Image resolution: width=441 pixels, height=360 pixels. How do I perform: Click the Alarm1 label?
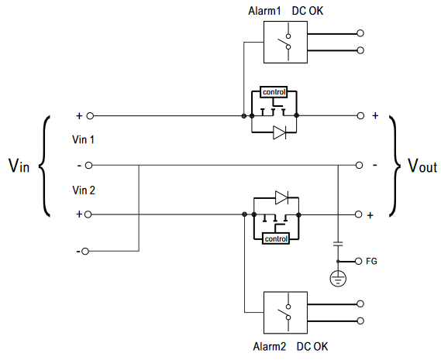[x=264, y=11]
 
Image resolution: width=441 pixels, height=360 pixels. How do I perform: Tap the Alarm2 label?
[x=270, y=347]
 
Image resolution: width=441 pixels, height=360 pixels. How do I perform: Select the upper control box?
[x=274, y=92]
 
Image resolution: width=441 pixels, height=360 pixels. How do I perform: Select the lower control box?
[x=276, y=239]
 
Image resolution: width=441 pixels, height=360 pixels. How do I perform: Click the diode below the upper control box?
[x=280, y=132]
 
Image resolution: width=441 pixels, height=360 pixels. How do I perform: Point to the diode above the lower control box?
[x=282, y=197]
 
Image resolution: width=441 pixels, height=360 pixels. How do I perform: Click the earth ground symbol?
[x=338, y=278]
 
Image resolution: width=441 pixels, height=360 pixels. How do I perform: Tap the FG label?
[x=371, y=262]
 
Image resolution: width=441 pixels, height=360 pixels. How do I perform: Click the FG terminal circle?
[x=358, y=262]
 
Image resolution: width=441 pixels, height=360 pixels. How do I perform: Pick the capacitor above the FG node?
[x=338, y=243]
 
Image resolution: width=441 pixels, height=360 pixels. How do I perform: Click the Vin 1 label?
[x=83, y=139]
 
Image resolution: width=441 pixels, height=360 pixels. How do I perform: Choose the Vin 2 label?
[x=84, y=190]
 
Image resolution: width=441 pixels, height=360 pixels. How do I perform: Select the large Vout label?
[x=422, y=166]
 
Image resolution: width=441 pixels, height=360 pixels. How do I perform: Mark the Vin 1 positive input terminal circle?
[x=90, y=116]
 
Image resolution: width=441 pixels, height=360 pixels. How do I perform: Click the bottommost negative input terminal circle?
[x=85, y=252]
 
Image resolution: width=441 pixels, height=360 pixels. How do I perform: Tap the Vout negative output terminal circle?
[x=359, y=165]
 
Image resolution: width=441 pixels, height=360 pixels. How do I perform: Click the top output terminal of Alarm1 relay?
[x=360, y=33]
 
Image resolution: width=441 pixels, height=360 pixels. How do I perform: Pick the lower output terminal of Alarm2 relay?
[x=360, y=321]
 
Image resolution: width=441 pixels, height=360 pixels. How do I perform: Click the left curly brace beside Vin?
[x=44, y=166]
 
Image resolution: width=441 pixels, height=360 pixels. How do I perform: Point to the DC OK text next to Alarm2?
[x=312, y=347]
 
